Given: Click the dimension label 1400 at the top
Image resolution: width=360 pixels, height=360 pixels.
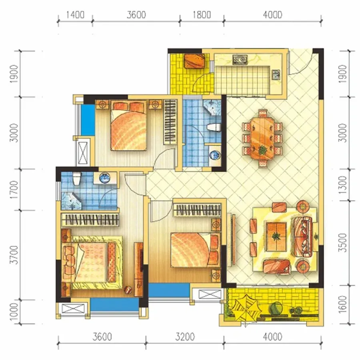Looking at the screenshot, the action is (75, 15).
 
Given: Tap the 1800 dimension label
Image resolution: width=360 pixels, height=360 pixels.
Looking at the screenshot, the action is (202, 15).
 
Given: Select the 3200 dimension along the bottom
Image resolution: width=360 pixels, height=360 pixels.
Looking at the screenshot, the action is (185, 337).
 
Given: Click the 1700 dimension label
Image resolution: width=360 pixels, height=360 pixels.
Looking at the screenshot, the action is (14, 190).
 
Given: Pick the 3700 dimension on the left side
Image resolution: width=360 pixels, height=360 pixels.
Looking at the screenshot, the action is (14, 255).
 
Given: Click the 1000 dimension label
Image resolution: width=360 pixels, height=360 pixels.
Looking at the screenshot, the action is (14, 311).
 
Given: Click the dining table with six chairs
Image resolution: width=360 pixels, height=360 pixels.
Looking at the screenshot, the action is (262, 138).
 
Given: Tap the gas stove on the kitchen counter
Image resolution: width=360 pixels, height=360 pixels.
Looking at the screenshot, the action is (240, 59).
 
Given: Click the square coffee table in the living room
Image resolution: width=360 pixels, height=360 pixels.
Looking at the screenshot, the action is (276, 236).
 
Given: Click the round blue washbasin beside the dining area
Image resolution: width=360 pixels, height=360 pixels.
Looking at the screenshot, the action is (215, 154).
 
